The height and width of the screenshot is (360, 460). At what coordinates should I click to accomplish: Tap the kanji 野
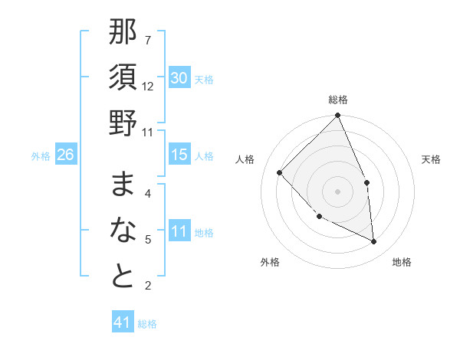(x=123, y=123)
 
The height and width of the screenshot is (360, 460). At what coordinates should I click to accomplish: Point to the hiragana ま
(x=123, y=185)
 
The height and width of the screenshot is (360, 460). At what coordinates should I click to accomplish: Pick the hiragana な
(x=123, y=230)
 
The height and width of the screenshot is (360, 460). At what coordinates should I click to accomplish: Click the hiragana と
(x=123, y=277)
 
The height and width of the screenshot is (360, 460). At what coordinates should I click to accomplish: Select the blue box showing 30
(x=179, y=78)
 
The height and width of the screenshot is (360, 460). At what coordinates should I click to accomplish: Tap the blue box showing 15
(x=179, y=155)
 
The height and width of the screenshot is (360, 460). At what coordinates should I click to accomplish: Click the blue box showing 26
(x=65, y=155)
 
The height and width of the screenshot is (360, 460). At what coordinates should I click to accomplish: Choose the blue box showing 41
(x=123, y=322)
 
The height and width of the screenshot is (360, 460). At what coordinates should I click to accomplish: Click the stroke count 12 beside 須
(x=148, y=86)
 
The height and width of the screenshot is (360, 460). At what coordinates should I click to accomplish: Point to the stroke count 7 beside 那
(x=147, y=40)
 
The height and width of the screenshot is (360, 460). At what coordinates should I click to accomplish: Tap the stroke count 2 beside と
(x=147, y=286)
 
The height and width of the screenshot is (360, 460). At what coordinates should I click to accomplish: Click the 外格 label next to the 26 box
(x=41, y=156)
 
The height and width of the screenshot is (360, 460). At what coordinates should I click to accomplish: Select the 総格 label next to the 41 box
(x=147, y=324)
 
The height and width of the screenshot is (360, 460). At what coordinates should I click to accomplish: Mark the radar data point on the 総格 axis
(x=338, y=116)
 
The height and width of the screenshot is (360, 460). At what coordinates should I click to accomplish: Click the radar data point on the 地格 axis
(x=373, y=242)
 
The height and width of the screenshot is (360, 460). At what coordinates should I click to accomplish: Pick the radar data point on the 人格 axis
(x=280, y=172)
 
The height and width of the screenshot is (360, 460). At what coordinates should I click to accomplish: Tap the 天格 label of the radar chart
(x=432, y=159)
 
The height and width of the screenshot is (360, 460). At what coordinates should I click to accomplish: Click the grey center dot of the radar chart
(x=337, y=191)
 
